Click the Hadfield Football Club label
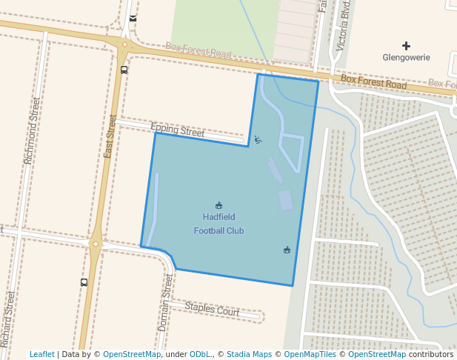point(219,224)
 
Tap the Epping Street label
point(178,131)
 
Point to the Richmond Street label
point(33,130)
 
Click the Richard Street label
point(8,319)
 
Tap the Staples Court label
point(212,310)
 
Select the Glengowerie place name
point(406,58)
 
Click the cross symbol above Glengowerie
point(405,46)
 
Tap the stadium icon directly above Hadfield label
point(219,205)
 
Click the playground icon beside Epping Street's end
point(257,139)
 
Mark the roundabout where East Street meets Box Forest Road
point(123,45)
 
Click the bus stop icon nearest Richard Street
point(84,282)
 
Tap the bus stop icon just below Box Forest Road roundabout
point(124,70)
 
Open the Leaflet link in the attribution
point(42,355)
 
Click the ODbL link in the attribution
point(200,355)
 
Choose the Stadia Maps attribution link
point(248,355)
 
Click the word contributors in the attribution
point(430,355)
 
